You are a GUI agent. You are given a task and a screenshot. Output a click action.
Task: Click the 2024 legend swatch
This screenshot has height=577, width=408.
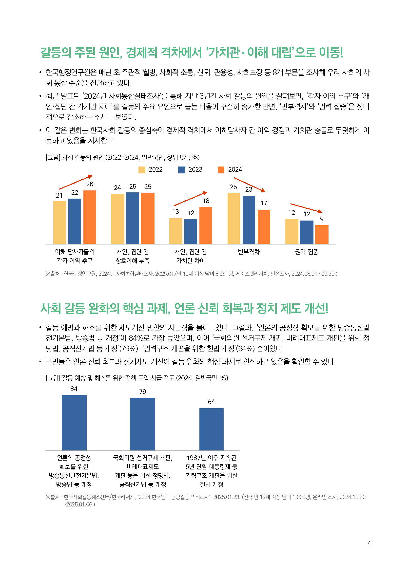(221, 170)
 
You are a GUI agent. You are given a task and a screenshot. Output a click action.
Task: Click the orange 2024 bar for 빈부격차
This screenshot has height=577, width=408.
(264, 227)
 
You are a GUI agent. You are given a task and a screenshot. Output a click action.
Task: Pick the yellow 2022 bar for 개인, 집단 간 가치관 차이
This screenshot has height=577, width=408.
(175, 231)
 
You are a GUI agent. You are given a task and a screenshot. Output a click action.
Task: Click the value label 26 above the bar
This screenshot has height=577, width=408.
(90, 184)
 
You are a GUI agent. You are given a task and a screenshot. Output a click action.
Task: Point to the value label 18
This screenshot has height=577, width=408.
(206, 201)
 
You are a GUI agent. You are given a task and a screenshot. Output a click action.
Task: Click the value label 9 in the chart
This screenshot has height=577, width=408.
(322, 219)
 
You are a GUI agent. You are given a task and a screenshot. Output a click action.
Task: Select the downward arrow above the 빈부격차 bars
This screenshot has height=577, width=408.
(249, 185)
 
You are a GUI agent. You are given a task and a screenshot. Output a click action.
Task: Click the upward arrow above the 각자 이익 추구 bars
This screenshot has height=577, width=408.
(76, 182)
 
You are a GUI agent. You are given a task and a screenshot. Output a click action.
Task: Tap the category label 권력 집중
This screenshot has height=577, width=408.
(307, 252)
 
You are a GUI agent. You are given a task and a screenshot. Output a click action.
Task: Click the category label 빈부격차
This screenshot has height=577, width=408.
(249, 252)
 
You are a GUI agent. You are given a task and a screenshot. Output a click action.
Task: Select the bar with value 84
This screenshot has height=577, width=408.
(74, 423)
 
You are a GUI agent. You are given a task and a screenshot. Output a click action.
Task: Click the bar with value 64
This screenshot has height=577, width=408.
(211, 429)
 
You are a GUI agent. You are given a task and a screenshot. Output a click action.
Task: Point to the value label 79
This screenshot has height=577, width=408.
(142, 392)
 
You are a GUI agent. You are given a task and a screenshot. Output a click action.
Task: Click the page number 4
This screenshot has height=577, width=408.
(369, 543)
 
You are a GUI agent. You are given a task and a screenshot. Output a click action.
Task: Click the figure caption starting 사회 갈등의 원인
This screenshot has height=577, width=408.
(123, 158)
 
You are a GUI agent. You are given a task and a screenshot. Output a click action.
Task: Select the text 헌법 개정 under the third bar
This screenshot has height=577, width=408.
(212, 484)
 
